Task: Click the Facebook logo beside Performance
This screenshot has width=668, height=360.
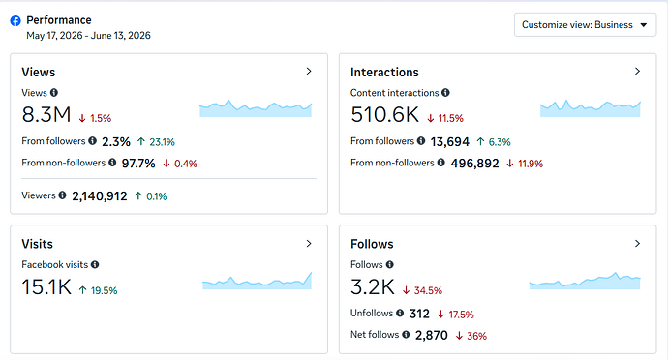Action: (15, 21)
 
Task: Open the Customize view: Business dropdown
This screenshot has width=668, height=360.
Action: (585, 25)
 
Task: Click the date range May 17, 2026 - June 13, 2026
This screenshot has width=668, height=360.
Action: (89, 36)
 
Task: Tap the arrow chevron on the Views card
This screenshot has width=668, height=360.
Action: (309, 72)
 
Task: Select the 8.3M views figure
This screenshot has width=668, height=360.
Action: (46, 114)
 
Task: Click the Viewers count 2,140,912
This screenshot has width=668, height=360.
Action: (100, 196)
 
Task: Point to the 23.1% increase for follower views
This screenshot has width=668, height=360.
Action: (156, 142)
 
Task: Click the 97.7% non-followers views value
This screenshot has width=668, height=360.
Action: (138, 164)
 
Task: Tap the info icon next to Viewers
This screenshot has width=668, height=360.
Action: (62, 195)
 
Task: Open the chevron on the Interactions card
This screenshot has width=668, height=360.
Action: (637, 72)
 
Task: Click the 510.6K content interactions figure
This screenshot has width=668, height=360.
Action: (384, 114)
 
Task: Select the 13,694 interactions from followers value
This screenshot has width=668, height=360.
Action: (450, 142)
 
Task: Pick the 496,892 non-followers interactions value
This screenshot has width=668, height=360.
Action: (474, 164)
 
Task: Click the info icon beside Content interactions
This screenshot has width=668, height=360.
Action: (445, 93)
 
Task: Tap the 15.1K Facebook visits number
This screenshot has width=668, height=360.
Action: (46, 286)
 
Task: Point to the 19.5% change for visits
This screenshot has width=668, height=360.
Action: (98, 290)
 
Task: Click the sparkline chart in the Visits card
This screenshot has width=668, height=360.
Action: (257, 282)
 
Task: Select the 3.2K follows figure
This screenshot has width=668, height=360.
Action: (373, 286)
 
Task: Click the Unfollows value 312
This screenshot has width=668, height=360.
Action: (419, 314)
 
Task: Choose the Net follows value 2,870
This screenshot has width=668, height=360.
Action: (432, 335)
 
